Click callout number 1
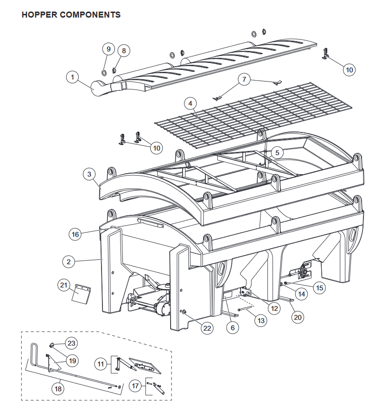72,77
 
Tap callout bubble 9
108,49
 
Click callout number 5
276,152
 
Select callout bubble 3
89,174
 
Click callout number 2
69,262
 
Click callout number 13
261,320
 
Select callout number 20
298,317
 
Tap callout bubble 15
319,288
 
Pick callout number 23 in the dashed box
71,343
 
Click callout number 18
58,389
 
